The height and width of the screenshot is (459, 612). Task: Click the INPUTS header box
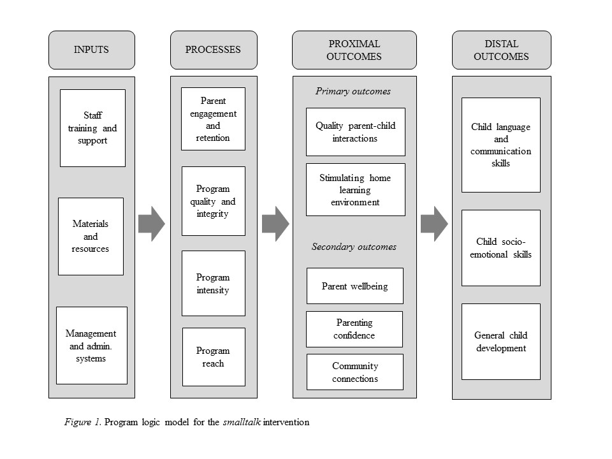92,50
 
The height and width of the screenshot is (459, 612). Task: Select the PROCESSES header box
214,50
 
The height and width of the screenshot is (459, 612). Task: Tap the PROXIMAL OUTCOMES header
354,50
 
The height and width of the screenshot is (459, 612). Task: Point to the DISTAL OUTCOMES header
502,50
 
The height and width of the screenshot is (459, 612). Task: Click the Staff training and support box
92,128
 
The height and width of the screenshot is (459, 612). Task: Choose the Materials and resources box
91,237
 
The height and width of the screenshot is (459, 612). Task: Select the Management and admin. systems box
92,346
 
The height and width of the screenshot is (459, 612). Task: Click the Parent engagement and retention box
213,119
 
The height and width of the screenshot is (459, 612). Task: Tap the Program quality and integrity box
214,201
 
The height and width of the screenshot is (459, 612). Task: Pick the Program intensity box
214,283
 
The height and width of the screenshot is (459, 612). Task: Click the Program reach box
214,357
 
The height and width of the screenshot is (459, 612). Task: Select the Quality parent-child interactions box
356,132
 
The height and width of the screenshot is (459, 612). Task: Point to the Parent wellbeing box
355,286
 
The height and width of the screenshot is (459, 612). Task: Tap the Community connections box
355,372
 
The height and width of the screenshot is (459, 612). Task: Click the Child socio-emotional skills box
501,248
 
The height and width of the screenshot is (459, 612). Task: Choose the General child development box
501,342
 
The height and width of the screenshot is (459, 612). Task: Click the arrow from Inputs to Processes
152,224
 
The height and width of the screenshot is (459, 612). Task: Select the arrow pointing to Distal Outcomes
434,224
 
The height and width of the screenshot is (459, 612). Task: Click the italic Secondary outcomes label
354,247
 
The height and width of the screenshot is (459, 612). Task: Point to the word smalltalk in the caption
242,422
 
